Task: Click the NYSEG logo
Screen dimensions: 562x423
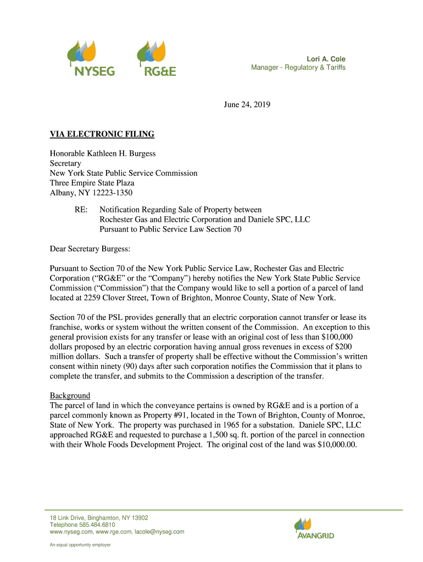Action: pyautogui.click(x=91, y=58)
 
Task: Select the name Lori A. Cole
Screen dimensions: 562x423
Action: pyautogui.click(x=326, y=59)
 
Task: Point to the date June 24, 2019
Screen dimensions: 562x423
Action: pyautogui.click(x=248, y=104)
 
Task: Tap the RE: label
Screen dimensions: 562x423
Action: pyautogui.click(x=81, y=210)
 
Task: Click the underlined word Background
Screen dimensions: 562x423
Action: pyautogui.click(x=70, y=395)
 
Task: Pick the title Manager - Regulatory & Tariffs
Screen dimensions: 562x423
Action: pyautogui.click(x=298, y=68)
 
